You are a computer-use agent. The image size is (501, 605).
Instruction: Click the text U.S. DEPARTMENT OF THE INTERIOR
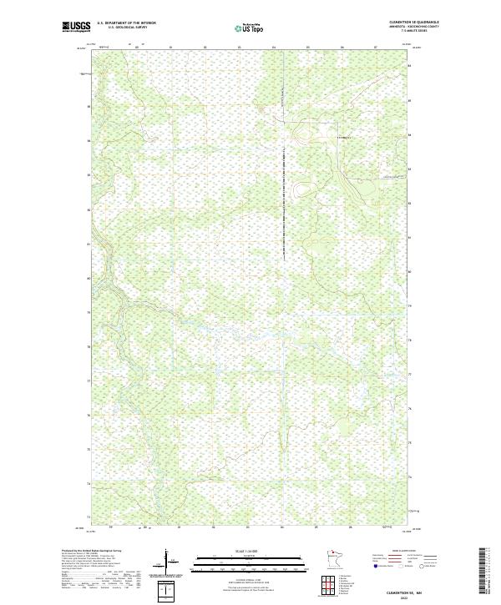126,23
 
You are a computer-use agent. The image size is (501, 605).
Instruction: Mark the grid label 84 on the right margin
410,135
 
